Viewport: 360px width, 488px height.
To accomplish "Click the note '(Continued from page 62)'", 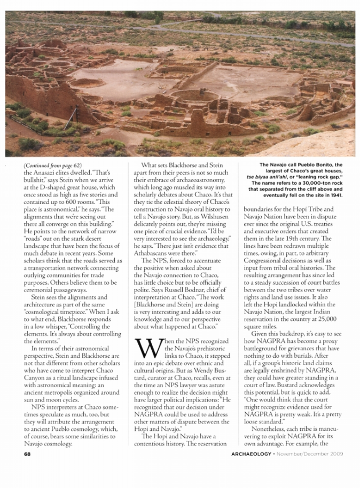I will pyautogui.click(x=53, y=166).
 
